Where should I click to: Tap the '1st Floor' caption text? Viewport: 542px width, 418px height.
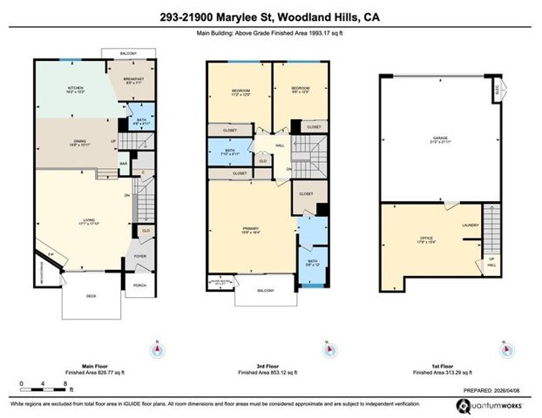pyautogui.click(x=439, y=365)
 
